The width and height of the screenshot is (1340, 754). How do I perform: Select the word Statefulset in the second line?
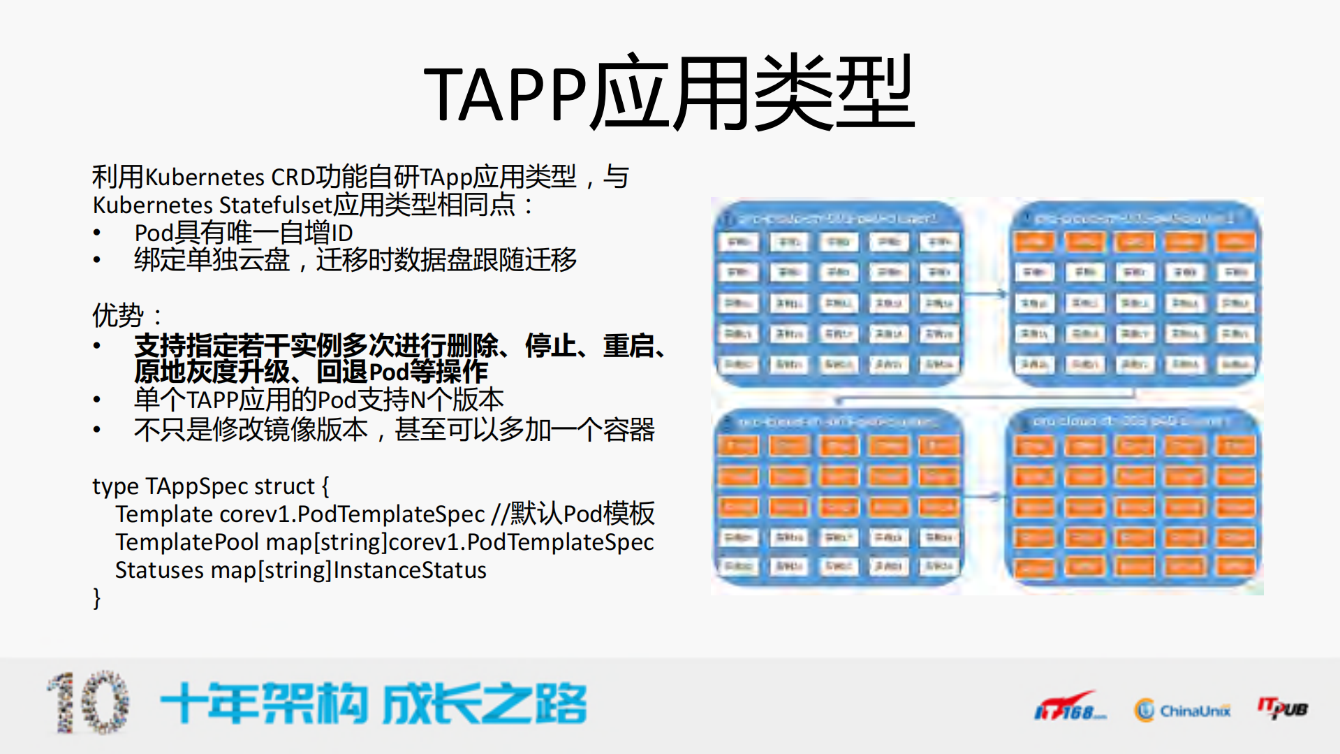click(x=275, y=205)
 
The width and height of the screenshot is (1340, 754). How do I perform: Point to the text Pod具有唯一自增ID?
click(x=244, y=233)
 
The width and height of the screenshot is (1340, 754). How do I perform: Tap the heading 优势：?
click(x=126, y=316)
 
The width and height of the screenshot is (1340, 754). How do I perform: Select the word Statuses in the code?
click(x=159, y=570)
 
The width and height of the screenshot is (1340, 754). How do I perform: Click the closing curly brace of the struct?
click(x=97, y=598)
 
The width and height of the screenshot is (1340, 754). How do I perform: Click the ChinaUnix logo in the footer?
click(x=1182, y=711)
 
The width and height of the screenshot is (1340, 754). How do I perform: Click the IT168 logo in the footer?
click(x=1069, y=707)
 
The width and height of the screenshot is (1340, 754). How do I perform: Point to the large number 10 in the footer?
click(x=89, y=703)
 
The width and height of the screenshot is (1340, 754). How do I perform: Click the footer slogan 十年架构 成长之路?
click(x=374, y=704)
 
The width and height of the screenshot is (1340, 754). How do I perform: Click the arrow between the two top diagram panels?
click(x=986, y=294)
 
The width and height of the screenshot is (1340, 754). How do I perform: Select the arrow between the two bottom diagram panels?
click(x=985, y=497)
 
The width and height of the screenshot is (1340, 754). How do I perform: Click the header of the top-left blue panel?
click(x=837, y=219)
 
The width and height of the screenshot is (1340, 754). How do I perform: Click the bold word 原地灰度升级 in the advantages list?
click(x=212, y=372)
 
